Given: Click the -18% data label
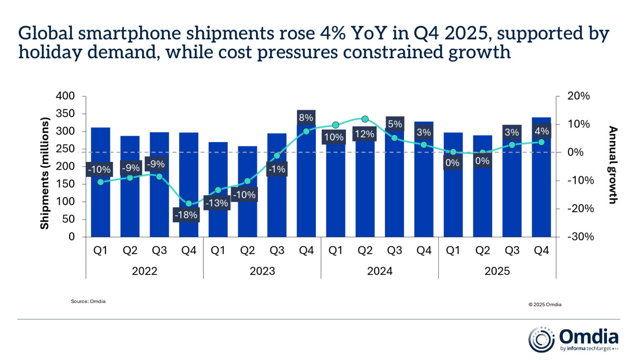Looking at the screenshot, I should pos(186,215).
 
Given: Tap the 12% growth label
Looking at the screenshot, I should pos(365,134).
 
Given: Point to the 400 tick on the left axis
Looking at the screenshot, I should pos(65,96).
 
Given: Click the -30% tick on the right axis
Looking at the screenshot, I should pos(580,237).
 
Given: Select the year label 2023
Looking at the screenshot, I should pos(262,271).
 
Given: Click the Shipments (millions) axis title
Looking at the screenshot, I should pos(45,173).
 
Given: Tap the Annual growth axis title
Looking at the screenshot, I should pos(612,165).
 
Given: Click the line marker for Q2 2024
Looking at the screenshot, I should pos(365,119).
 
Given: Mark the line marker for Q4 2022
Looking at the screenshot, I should pos(189,204).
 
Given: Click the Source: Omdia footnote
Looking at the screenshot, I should pos(88,301).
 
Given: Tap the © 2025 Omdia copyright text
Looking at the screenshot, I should pos(545,305).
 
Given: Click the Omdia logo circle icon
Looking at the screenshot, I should pos(541,339).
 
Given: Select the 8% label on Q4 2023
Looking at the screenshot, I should pos(306,117).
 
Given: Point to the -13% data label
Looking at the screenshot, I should pos(217,203).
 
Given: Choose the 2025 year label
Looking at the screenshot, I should pos(497,271).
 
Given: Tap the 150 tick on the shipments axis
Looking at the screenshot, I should pos(65,184).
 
